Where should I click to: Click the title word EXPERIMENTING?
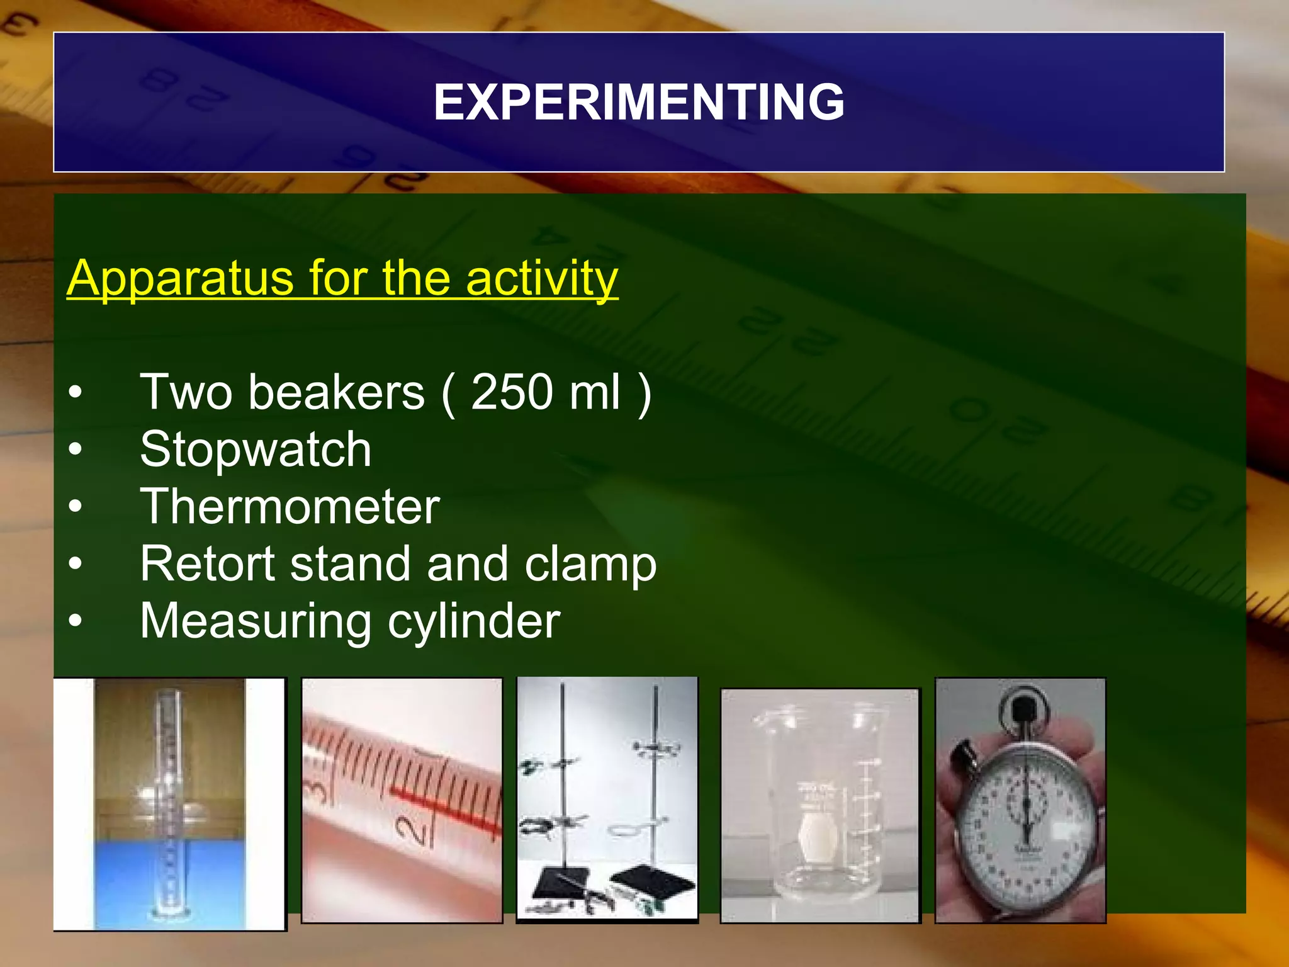(x=639, y=103)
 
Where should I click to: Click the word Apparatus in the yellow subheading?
(x=180, y=278)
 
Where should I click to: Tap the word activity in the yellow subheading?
(x=542, y=278)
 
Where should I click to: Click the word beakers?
(x=336, y=392)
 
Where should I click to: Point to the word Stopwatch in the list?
(x=256, y=449)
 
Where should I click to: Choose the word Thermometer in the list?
(x=290, y=506)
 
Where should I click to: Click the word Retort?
(x=208, y=563)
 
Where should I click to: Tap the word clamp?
(x=590, y=565)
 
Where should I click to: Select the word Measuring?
(x=256, y=621)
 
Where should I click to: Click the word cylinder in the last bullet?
(x=473, y=621)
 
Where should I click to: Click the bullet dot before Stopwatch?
(x=76, y=450)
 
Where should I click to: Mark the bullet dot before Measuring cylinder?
(x=76, y=621)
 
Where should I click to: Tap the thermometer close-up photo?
(x=402, y=800)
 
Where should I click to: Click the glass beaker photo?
(x=819, y=806)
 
